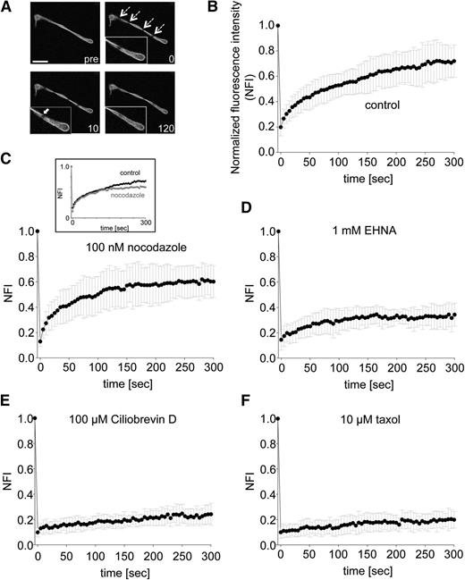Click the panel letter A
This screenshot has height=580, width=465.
tap(8, 8)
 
